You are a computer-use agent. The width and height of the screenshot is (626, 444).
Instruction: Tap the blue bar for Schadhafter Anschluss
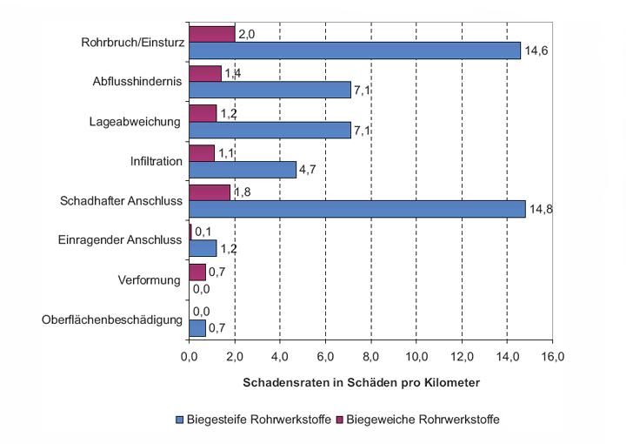[356, 209]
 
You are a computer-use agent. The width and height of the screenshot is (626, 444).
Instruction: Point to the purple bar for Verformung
[197, 272]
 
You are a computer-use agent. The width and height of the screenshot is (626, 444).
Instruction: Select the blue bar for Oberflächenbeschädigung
[197, 328]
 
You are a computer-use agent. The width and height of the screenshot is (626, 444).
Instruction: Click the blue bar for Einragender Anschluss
[203, 249]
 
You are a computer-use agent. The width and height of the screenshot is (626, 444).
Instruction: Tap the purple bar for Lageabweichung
[203, 113]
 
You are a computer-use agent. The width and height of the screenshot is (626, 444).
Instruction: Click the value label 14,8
[541, 209]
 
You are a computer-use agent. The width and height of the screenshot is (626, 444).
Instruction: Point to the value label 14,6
[536, 50]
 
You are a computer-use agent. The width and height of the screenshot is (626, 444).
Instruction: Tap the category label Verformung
[149, 280]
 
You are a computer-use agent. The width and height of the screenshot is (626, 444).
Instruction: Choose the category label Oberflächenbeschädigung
[112, 320]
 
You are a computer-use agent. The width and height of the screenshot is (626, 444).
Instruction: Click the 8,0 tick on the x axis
[371, 357]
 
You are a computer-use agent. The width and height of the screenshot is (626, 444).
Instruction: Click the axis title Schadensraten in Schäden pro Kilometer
[361, 382]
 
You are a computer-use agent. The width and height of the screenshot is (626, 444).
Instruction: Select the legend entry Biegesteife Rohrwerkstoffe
[253, 420]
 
